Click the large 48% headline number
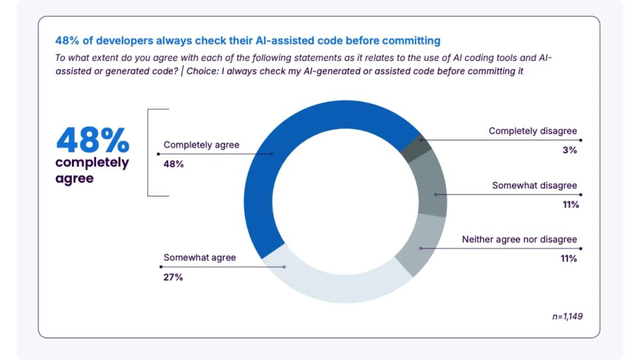(92, 140)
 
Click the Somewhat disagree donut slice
(433, 184)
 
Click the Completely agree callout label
(201, 145)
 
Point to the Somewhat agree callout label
(199, 258)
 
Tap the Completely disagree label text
(532, 131)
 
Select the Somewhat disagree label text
(534, 186)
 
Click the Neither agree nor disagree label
(519, 239)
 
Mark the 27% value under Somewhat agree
(173, 277)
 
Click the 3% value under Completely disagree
(569, 150)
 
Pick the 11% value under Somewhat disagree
(569, 205)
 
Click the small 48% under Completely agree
(173, 164)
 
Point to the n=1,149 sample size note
(567, 316)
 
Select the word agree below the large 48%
(74, 178)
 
